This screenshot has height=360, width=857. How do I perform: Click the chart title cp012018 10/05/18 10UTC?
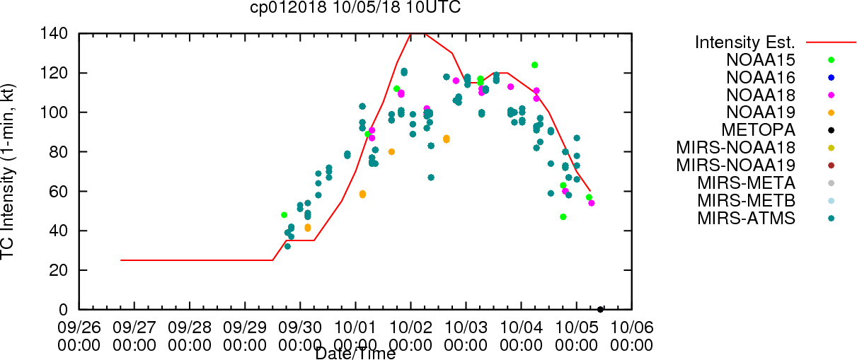tap(355, 7)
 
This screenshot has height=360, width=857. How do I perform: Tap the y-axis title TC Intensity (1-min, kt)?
tap(7, 172)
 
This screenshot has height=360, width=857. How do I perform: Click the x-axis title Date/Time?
tap(355, 354)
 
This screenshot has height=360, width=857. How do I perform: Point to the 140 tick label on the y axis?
tap(54, 34)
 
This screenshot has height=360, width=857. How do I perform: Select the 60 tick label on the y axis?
tap(59, 191)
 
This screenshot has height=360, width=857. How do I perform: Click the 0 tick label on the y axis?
tap(64, 310)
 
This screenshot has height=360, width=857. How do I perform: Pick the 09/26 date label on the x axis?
tap(79, 327)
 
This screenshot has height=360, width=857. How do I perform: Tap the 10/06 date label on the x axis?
tap(632, 327)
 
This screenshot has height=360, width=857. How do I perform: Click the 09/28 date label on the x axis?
tap(190, 327)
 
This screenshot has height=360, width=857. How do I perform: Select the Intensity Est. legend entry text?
tap(745, 42)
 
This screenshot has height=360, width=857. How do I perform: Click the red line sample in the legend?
tap(831, 42)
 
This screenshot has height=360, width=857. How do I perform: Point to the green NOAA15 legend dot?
tap(831, 60)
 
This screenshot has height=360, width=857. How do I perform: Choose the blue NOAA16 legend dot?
tap(831, 78)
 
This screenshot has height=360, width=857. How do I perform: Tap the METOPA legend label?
tap(759, 130)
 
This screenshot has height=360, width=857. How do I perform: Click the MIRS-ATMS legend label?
tap(746, 219)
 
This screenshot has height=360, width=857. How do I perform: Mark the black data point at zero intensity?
tap(600, 310)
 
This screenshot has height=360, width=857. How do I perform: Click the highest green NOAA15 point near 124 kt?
tap(534, 65)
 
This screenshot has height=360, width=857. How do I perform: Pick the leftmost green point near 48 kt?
tap(284, 215)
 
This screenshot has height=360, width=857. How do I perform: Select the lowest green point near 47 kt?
tap(563, 217)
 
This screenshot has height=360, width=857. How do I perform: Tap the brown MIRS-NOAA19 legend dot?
tap(831, 166)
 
